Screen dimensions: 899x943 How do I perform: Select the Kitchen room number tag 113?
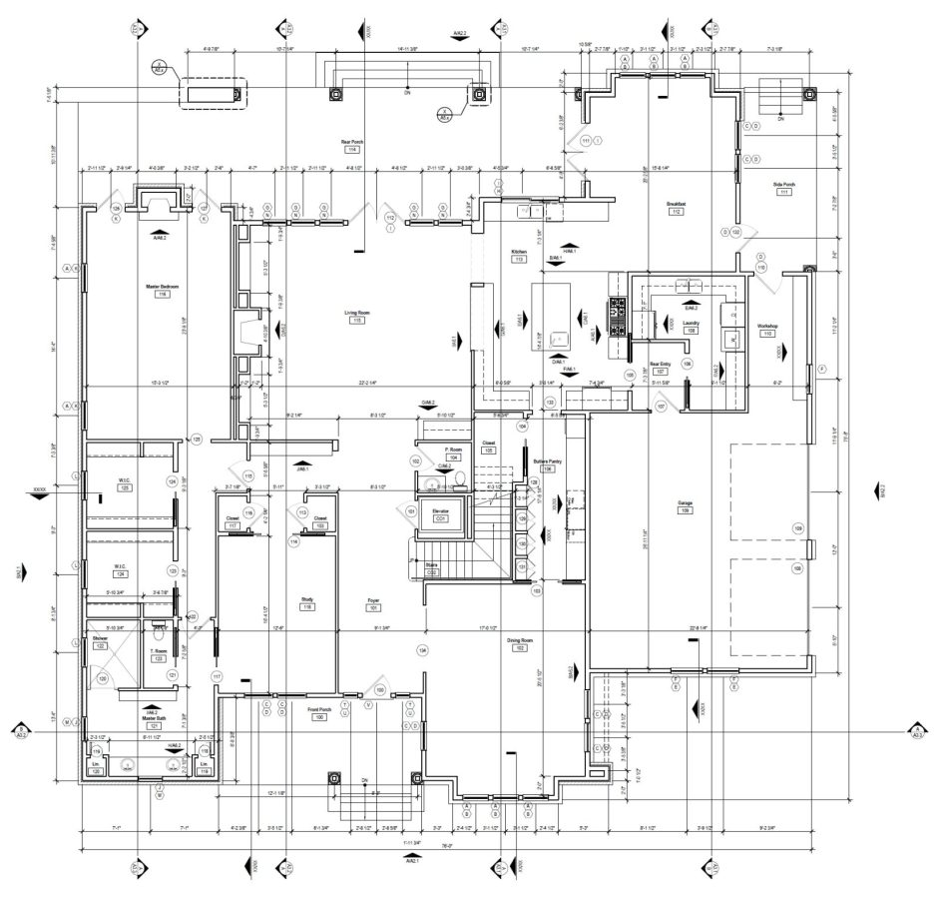point(519,259)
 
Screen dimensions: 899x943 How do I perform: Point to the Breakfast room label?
point(676,204)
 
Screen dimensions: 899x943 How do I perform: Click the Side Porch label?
point(783,184)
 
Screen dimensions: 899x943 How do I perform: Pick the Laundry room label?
point(690,323)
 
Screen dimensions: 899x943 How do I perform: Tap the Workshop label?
point(767,327)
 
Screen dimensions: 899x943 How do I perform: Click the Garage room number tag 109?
point(686,510)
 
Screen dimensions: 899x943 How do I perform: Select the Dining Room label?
point(519,640)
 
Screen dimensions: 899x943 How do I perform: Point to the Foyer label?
point(374,600)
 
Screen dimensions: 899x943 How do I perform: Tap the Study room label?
point(307,599)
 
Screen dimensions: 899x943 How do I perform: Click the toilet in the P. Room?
point(431,486)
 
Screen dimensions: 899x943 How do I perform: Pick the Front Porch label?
point(320,710)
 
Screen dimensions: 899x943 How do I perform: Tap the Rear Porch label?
point(352,143)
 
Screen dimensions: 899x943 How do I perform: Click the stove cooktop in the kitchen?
point(617,305)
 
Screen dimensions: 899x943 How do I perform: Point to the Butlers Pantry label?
point(547,461)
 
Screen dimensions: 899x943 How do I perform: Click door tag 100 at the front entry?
point(380,690)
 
